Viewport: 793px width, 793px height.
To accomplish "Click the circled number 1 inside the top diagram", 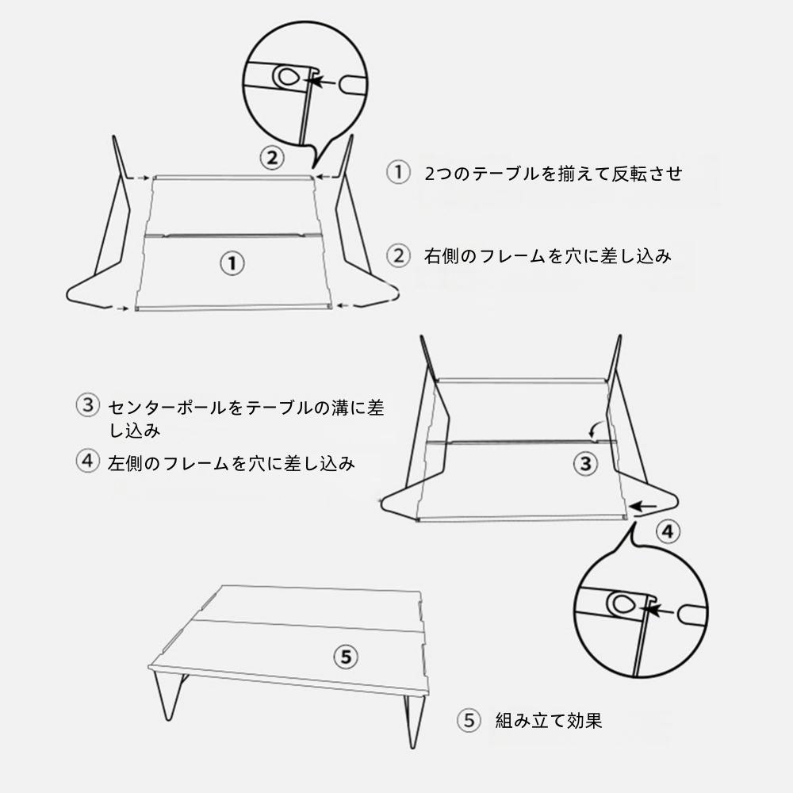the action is coord(232,263).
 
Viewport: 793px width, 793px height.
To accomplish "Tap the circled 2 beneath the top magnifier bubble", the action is coord(272,158).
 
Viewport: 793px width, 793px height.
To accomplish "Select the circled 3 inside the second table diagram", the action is coord(586,463).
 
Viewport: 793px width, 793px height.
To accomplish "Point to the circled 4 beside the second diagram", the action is coord(668,531).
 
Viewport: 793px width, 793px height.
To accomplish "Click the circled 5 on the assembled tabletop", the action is coord(346,657).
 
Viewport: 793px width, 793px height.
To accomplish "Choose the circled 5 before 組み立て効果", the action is coord(469,720).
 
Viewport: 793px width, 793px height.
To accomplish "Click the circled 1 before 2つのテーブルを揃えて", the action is coord(398,172).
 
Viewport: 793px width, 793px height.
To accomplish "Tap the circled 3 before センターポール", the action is coord(88,405).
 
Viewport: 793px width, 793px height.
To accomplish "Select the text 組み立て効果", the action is coord(549,720).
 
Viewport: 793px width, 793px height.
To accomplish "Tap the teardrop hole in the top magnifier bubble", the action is coord(286,77).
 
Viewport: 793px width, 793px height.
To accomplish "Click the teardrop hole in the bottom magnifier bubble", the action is coord(623,603).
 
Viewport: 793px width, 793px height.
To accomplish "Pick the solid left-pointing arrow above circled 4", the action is coord(643,506).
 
